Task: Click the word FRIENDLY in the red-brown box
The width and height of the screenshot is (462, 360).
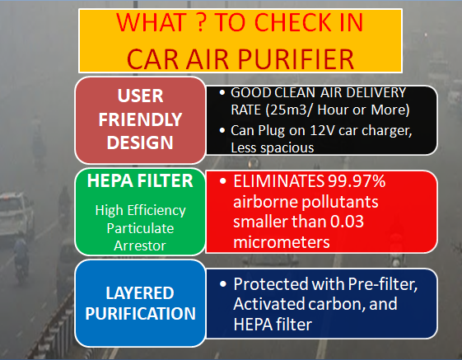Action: [x=140, y=119]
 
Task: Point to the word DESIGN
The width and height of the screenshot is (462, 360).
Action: [x=140, y=143]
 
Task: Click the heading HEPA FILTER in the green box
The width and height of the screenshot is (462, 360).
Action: [x=140, y=180]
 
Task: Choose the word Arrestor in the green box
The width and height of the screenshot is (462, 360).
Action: [x=140, y=245]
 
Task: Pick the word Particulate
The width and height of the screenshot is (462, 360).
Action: [x=140, y=228]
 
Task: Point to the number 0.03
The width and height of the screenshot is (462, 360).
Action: [x=347, y=221]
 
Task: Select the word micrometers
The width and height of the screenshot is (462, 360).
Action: [x=282, y=242]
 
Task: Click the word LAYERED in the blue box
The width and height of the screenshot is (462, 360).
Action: [x=140, y=293]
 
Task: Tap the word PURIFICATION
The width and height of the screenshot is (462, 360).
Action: [x=141, y=313]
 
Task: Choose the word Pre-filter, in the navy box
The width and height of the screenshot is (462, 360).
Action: [x=383, y=284]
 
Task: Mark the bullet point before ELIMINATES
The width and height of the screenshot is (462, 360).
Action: [x=223, y=180]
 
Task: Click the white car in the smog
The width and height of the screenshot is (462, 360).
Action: [x=16, y=213]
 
